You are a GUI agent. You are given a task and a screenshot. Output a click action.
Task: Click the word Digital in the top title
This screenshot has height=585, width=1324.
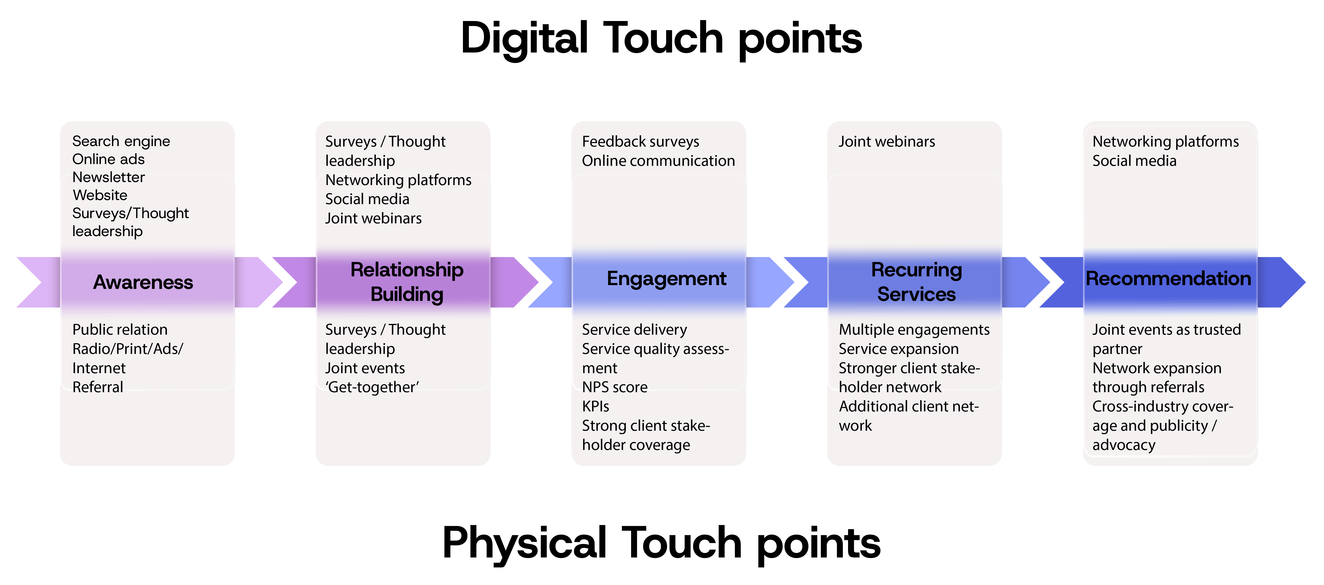pos(524,39)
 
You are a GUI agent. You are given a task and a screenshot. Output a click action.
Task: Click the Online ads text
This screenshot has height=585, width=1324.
pos(108,159)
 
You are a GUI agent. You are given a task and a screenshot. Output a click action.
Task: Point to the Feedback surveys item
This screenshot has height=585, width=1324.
pos(640,141)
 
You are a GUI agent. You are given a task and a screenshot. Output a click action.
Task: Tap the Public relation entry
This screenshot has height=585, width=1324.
pos(120,329)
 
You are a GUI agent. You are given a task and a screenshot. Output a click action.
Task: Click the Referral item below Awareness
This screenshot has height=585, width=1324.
pos(98,387)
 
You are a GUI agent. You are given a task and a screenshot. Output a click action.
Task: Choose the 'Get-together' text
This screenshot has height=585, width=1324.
pos(372,387)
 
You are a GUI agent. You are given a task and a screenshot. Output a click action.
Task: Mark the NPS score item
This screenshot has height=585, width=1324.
pos(615,387)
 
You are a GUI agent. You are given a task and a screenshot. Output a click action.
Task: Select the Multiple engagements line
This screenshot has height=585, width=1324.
pos(914,329)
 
